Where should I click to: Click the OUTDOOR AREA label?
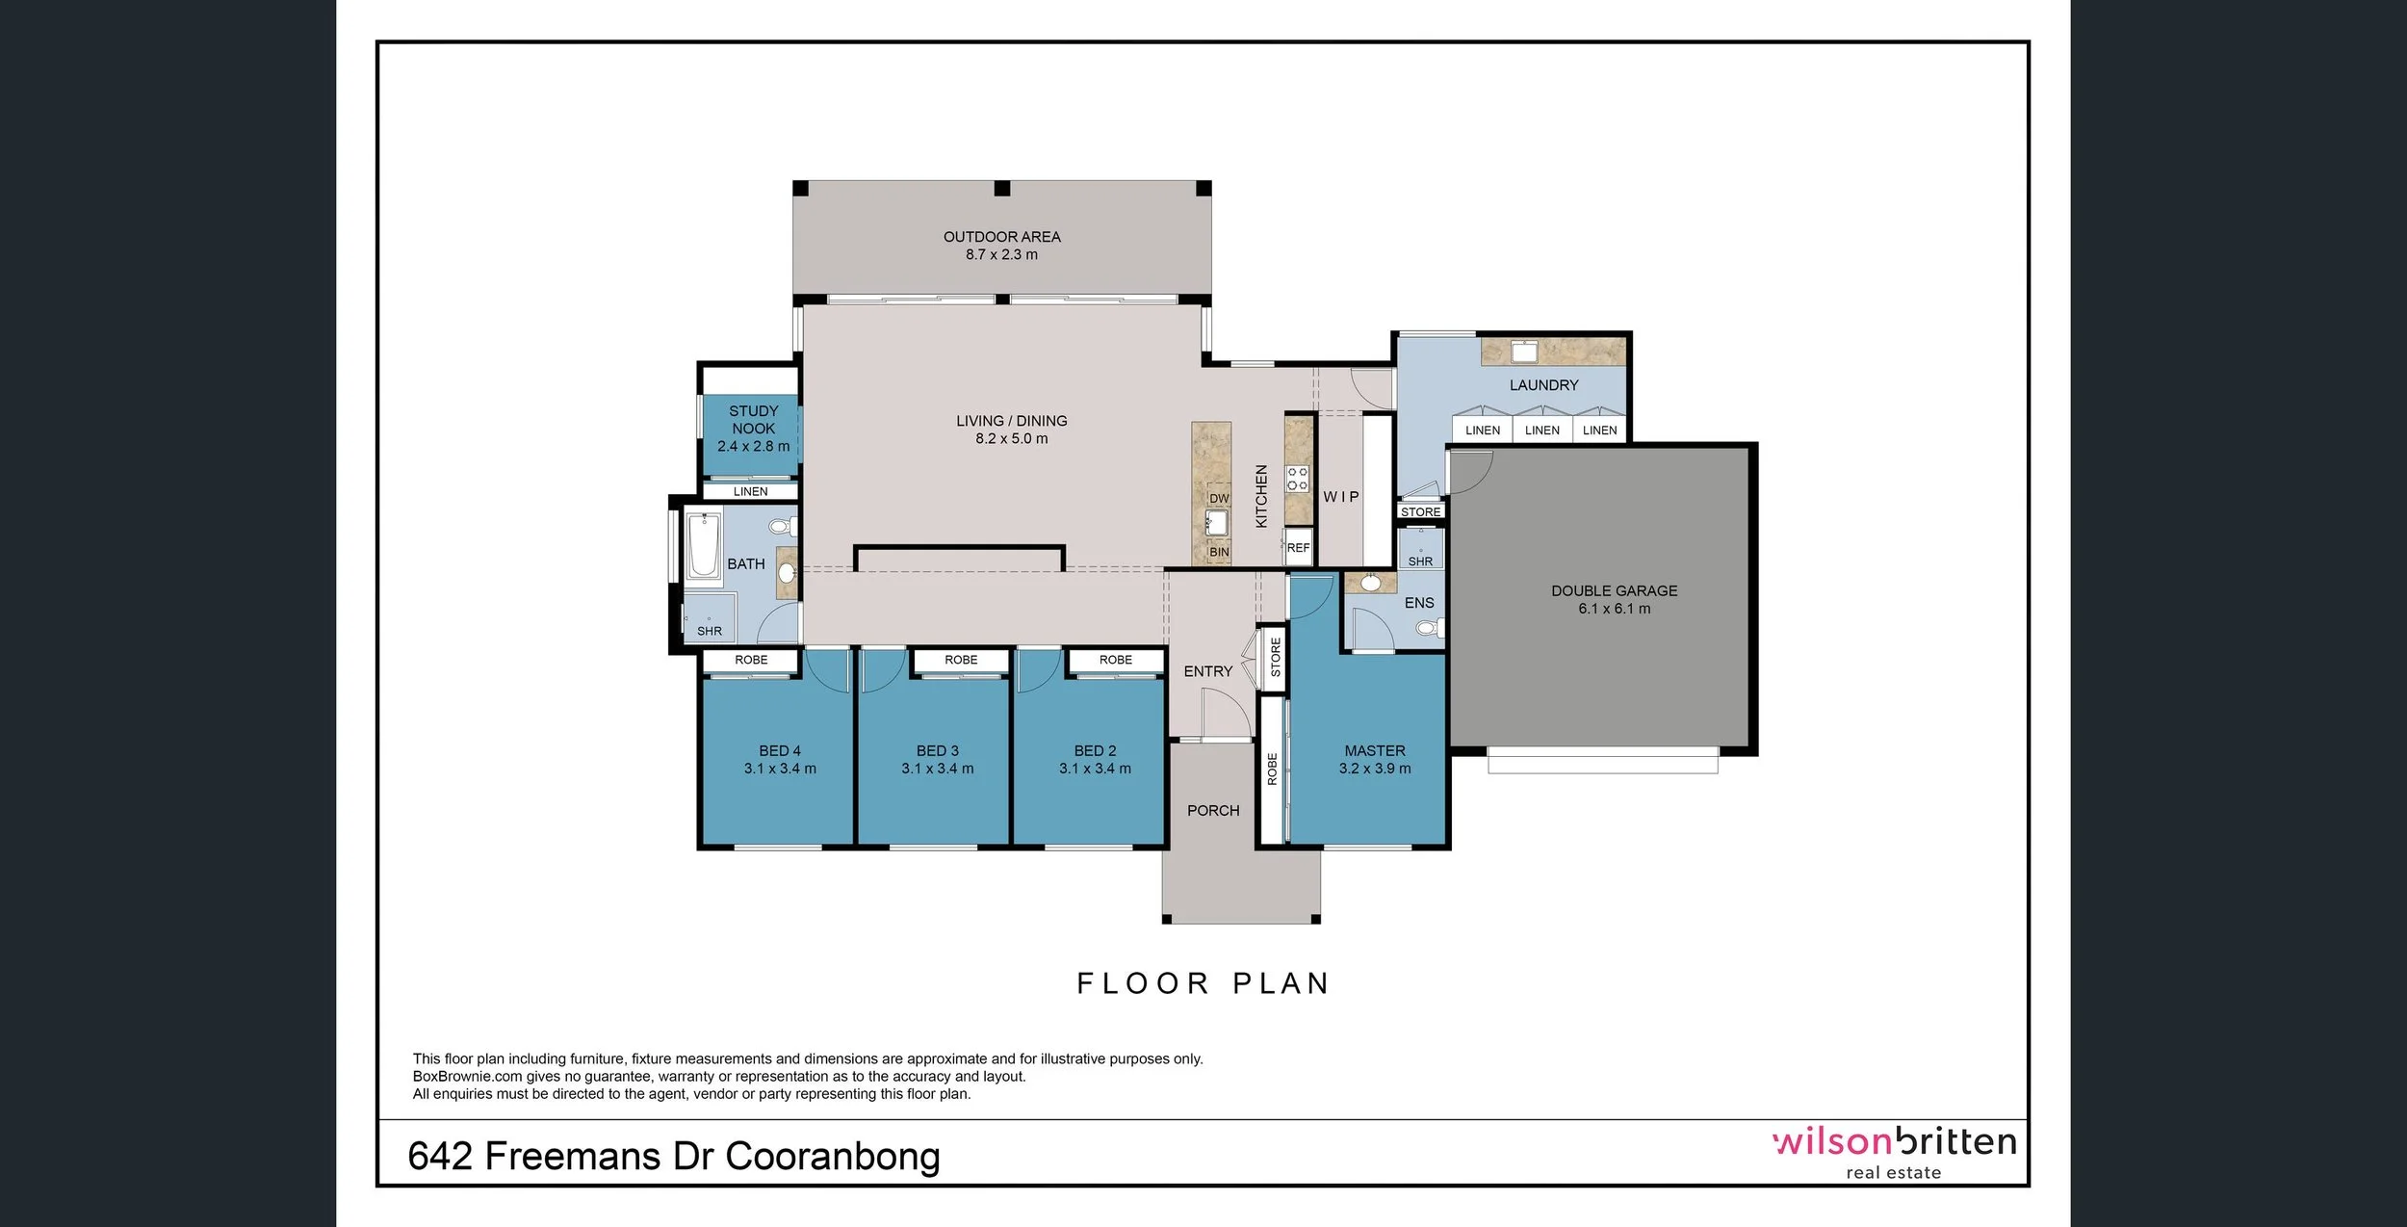point(1001,237)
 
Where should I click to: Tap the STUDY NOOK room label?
point(753,420)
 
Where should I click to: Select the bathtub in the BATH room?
point(704,546)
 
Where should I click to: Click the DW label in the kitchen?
point(1219,499)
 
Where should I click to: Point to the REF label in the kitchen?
point(1298,548)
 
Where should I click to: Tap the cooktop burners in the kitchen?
point(1297,479)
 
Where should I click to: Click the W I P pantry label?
point(1340,497)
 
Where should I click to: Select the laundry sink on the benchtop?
point(1524,351)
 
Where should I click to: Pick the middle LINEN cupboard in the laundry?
point(1541,431)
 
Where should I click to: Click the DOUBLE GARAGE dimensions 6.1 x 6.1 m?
point(1614,609)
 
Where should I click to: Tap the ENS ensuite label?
point(1419,603)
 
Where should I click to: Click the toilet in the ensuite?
point(1429,629)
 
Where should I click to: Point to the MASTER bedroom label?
point(1374,750)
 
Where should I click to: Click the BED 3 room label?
point(937,750)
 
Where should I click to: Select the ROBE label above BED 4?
point(751,660)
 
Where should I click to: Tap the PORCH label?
point(1213,811)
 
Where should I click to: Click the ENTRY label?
point(1207,671)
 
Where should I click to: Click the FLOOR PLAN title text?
point(1203,983)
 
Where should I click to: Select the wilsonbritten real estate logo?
point(1893,1151)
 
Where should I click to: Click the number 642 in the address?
point(440,1157)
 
